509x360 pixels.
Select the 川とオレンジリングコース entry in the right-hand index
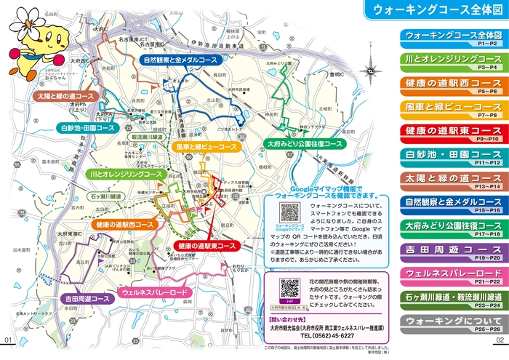click(453, 60)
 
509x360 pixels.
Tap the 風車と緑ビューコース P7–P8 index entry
click(453, 108)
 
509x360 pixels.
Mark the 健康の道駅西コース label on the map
click(123, 225)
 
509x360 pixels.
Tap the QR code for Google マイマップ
click(289, 213)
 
